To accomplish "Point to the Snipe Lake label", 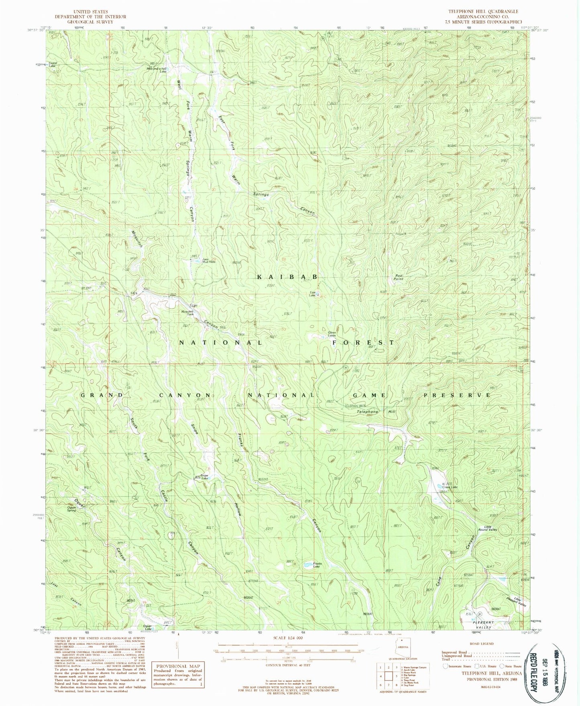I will (x=205, y=477).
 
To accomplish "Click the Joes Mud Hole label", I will (x=209, y=260).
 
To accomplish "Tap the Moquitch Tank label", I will (x=188, y=313).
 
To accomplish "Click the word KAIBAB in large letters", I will (x=288, y=277).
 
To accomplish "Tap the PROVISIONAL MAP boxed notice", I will (x=178, y=674).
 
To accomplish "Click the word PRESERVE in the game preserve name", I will (x=457, y=395).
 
